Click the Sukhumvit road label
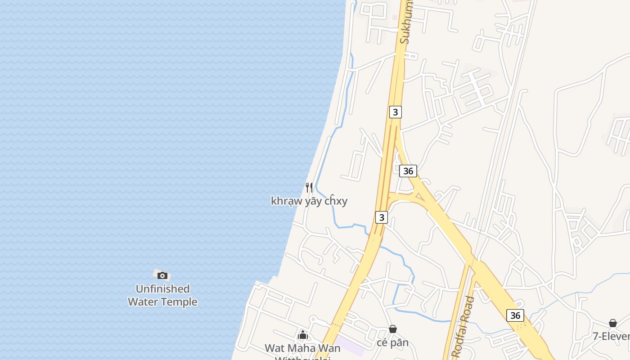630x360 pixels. (405, 22)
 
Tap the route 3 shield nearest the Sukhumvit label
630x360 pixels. (395, 112)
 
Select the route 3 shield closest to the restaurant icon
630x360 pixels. (381, 218)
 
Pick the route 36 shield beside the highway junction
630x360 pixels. (408, 171)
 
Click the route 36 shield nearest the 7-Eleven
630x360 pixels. (515, 315)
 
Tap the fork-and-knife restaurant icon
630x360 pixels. (309, 187)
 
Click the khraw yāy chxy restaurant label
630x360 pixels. (309, 201)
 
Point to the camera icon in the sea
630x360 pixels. (162, 275)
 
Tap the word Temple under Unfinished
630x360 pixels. (180, 301)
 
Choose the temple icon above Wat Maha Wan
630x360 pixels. (303, 335)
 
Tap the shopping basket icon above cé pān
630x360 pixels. (393, 329)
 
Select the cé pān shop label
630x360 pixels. (393, 342)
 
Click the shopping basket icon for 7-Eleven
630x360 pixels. (612, 323)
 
